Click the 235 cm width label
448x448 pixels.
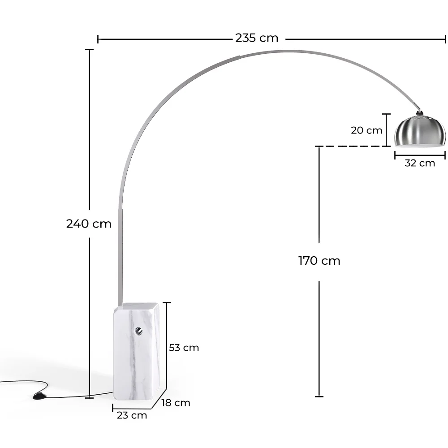pos(257,38)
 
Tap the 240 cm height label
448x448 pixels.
pos(89,224)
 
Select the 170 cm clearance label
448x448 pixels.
pos(319,261)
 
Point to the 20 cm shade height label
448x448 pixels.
pos(366,130)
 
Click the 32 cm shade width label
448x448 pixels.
pos(419,163)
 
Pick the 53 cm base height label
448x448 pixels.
pos(184,348)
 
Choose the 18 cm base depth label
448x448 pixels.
pos(176,403)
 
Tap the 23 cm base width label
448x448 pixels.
pos(132,415)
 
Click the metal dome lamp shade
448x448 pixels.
pos(420,132)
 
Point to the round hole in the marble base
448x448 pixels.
pos(139,331)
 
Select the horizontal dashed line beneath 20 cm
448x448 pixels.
pos(349,146)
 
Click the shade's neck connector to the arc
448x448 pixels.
pos(419,113)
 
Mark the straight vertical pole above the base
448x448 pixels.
pos(120,260)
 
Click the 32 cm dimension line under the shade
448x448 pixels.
pos(420,155)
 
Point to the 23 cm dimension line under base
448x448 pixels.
pos(132,408)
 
